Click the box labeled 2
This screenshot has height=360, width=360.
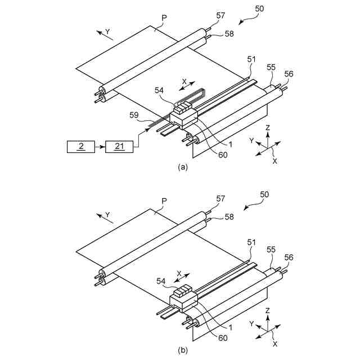pos(81,146)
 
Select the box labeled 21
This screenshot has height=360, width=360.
pos(119,146)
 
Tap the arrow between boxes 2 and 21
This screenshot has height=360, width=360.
pos(100,146)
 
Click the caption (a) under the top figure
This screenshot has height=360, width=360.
pos(182,167)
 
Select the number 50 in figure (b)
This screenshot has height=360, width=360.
pos(264,194)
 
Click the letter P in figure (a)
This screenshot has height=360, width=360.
pos(164,17)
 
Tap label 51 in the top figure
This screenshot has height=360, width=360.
pos(251,59)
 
